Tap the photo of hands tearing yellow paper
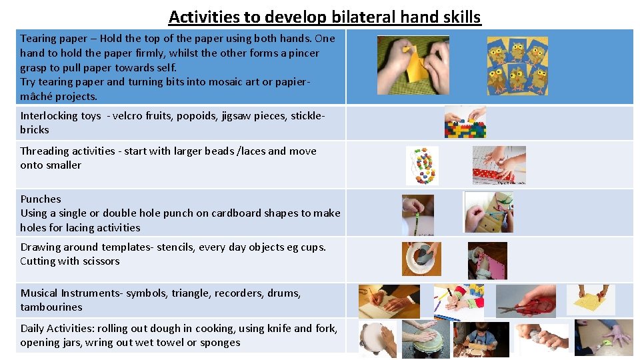(x=413, y=65)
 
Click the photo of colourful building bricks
(x=465, y=122)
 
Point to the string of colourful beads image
(x=422, y=165)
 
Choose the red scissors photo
(x=526, y=301)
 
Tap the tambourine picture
(x=377, y=338)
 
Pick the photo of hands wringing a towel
(x=544, y=339)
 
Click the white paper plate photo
(x=421, y=258)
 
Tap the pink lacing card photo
(x=487, y=261)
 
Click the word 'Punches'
(x=41, y=199)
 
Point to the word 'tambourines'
(x=51, y=307)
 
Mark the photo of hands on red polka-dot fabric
(x=499, y=165)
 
